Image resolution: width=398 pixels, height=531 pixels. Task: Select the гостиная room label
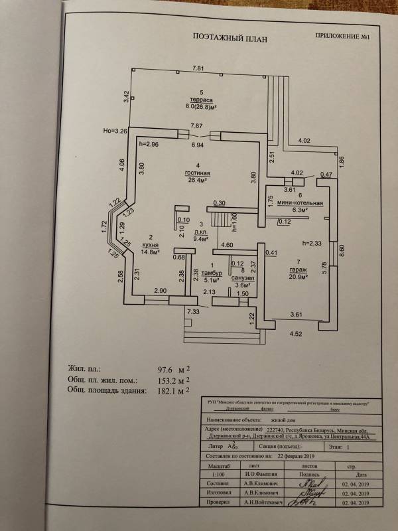coord(196,172)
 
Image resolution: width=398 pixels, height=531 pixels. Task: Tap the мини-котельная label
coord(302,203)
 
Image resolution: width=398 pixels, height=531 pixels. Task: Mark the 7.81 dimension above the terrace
coord(197,68)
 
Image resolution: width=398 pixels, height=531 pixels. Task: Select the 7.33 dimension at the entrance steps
coord(194,311)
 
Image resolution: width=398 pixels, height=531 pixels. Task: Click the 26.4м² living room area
coord(196,179)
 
